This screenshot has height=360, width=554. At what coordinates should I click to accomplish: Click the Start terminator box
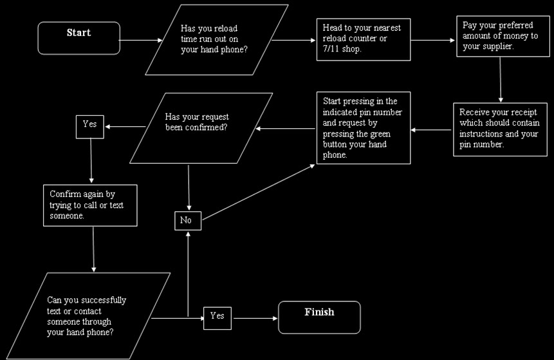tap(78, 38)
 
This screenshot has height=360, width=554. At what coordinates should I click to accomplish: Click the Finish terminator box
tap(319, 317)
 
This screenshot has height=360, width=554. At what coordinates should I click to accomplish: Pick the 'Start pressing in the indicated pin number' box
tap(363, 128)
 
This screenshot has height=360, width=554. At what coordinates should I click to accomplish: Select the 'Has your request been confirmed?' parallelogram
tap(197, 127)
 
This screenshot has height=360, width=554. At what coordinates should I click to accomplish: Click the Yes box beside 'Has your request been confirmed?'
tap(90, 124)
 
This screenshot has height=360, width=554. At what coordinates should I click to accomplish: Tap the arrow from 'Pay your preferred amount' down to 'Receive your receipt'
tap(501, 81)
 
